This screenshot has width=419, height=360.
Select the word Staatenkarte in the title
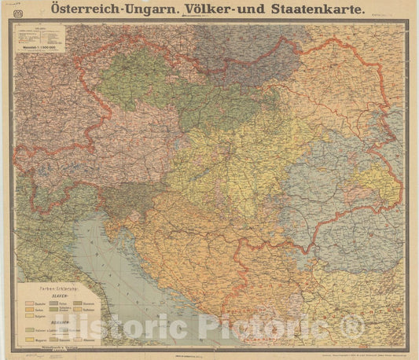point(320,10)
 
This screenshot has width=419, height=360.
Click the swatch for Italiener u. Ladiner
point(29,330)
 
